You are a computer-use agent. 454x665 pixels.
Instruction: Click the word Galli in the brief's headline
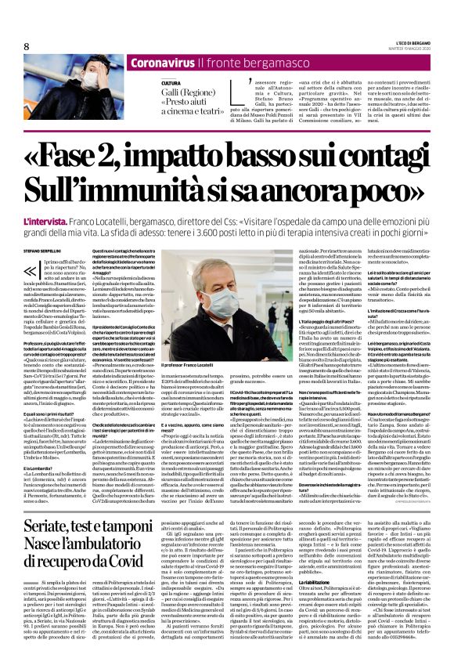click(175, 92)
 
